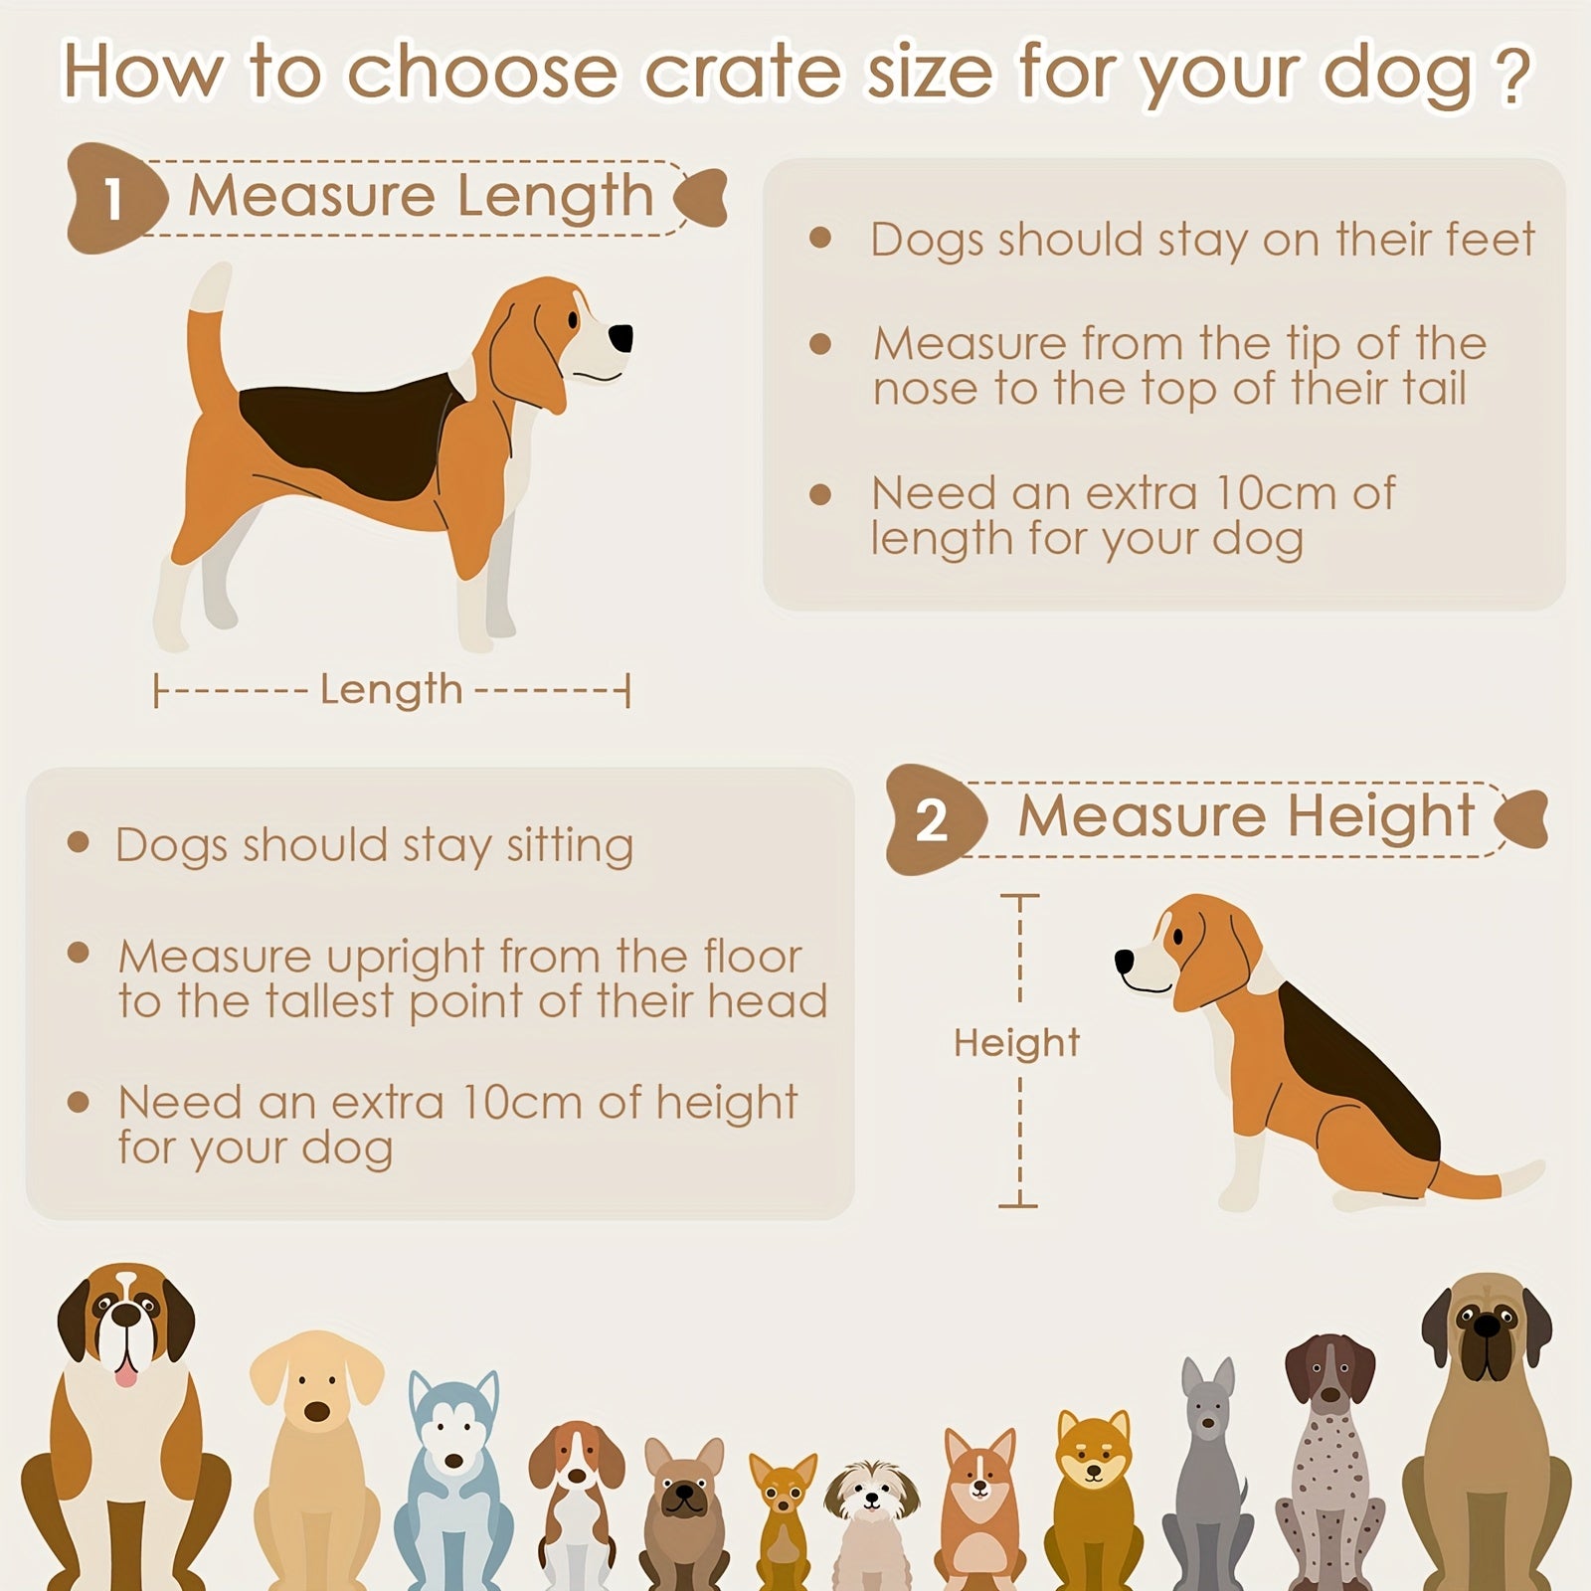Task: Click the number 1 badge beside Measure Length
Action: click(x=115, y=198)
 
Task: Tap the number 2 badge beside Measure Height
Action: click(x=932, y=820)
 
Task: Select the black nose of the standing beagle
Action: click(x=620, y=338)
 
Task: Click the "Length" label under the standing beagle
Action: click(x=392, y=690)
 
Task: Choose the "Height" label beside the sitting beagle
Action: click(x=1016, y=1042)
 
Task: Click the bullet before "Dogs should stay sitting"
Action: click(x=79, y=843)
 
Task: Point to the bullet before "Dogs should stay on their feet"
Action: click(x=820, y=237)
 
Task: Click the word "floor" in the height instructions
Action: click(x=753, y=957)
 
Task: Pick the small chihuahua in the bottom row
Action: click(x=784, y=1521)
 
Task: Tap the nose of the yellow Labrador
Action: click(x=317, y=1411)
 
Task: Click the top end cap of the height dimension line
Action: click(x=1019, y=896)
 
